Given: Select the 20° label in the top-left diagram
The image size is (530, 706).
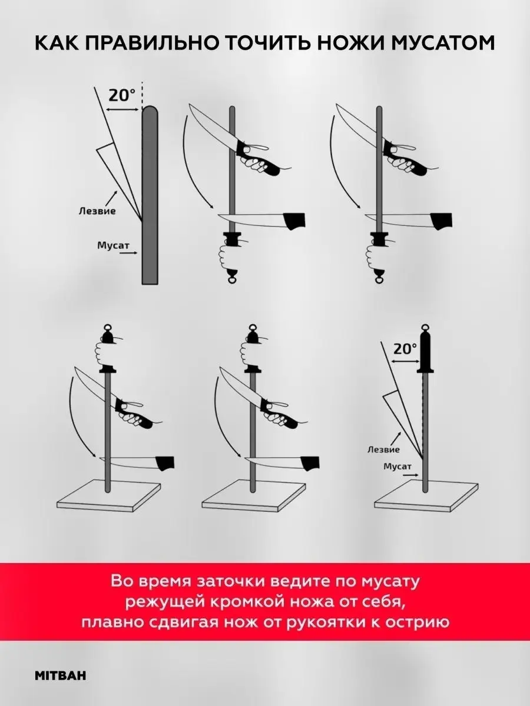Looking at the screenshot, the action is click(x=122, y=95).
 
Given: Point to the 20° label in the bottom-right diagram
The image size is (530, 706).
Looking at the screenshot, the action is click(x=405, y=349).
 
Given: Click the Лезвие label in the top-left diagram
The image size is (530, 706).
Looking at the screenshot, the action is click(x=97, y=211).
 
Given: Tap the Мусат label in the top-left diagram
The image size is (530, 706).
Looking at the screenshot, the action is click(x=113, y=246).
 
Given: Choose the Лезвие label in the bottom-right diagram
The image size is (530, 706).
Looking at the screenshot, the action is click(x=383, y=449).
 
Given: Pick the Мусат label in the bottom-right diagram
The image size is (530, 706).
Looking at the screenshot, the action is click(x=397, y=467).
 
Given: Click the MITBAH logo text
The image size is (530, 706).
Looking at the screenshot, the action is click(x=61, y=664).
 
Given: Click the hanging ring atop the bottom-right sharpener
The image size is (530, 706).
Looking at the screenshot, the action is click(x=426, y=328).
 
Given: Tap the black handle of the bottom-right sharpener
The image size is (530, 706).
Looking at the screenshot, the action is click(x=426, y=353).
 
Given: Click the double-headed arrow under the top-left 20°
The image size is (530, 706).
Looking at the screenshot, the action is click(x=123, y=109).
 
